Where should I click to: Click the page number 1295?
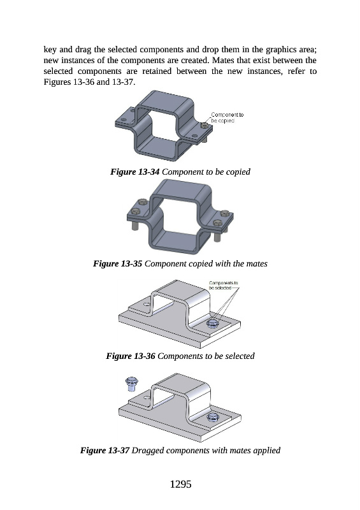pyautogui.click(x=180, y=484)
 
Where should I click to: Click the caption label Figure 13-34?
pyautogui.click(x=134, y=171)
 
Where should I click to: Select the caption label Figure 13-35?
pyautogui.click(x=117, y=263)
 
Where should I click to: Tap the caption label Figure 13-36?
pyautogui.click(x=131, y=356)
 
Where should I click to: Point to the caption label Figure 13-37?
pyautogui.click(x=104, y=451)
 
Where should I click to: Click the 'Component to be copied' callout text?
pyautogui.click(x=227, y=118)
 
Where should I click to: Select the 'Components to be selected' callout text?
pyautogui.click(x=224, y=285)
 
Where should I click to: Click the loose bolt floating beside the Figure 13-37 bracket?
pyautogui.click(x=132, y=384)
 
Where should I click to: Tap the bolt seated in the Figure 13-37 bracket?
pyautogui.click(x=213, y=417)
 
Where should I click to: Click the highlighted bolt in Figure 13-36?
pyautogui.click(x=213, y=323)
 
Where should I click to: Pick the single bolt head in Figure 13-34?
pyautogui.click(x=204, y=126)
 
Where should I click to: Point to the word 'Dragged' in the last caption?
pyautogui.click(x=147, y=451)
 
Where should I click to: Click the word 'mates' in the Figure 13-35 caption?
pyautogui.click(x=257, y=264)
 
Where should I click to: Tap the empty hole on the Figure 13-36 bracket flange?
pyautogui.click(x=147, y=305)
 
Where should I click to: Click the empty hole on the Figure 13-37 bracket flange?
pyautogui.click(x=147, y=397)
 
